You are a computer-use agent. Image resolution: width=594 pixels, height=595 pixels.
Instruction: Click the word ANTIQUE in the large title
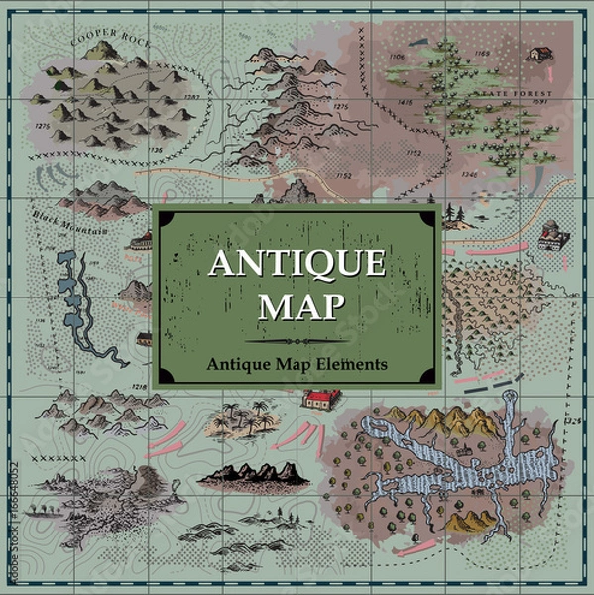point(297,264)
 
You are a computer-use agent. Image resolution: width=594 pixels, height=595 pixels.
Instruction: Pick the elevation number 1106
point(396,58)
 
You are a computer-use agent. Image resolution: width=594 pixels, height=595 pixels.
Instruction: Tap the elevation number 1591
point(540,101)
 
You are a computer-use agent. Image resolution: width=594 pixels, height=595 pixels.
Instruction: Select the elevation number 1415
point(405,102)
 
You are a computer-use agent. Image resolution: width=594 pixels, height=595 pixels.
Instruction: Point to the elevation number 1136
point(155,151)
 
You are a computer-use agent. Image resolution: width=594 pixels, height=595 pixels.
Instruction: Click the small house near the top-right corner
point(539,53)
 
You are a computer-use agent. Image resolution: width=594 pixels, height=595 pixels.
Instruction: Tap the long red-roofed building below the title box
point(320,399)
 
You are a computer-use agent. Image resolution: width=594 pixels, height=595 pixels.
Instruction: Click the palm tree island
point(238,421)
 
